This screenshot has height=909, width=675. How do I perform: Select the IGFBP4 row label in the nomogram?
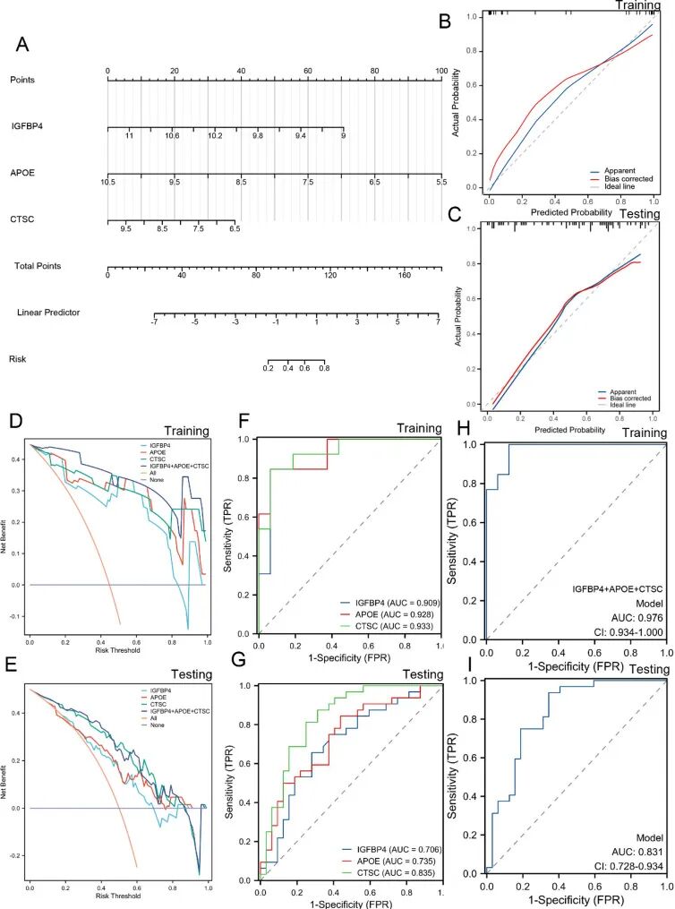(x=26, y=125)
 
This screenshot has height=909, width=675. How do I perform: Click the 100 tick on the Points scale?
(x=440, y=71)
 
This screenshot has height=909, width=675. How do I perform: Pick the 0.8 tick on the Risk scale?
(x=324, y=367)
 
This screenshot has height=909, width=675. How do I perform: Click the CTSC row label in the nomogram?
(x=22, y=214)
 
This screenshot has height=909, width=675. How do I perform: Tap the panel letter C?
(x=456, y=214)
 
